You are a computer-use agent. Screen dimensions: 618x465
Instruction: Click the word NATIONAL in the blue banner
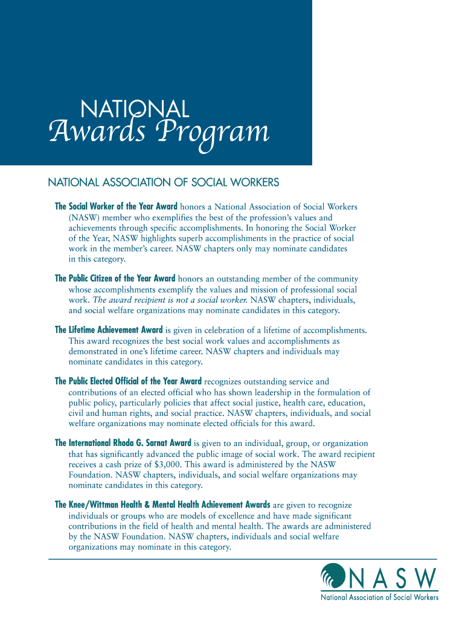pyautogui.click(x=135, y=109)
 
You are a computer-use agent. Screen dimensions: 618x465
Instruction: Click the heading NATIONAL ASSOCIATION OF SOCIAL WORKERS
pyautogui.click(x=163, y=182)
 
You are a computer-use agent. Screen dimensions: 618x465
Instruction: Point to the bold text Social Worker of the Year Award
pyautogui.click(x=116, y=206)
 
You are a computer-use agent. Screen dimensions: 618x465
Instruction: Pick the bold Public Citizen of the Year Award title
pyautogui.click(x=115, y=279)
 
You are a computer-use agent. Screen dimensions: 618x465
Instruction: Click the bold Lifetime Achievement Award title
pyautogui.click(x=109, y=330)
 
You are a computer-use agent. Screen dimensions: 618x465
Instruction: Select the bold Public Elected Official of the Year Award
pyautogui.click(x=128, y=381)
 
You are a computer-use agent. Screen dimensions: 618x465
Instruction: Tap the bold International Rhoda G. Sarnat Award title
pyautogui.click(x=123, y=442)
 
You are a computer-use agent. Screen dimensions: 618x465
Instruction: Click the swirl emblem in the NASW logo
pyautogui.click(x=333, y=577)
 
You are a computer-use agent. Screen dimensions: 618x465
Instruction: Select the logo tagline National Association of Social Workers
pyautogui.click(x=379, y=597)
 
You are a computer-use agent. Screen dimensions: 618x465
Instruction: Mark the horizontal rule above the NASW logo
pyautogui.click(x=242, y=559)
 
